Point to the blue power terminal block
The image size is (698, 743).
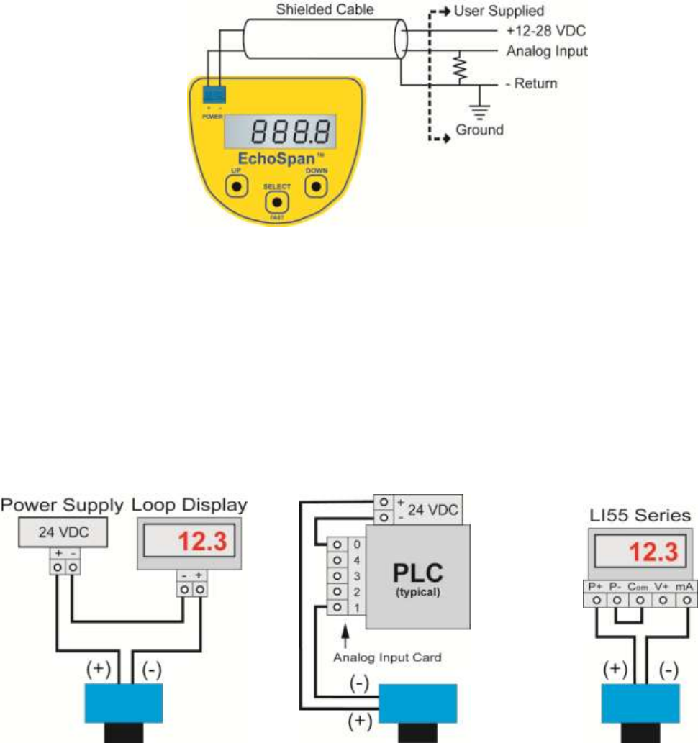[214, 94]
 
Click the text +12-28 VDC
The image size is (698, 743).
[540, 32]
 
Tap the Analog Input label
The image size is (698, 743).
[547, 52]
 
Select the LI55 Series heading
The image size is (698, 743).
[636, 515]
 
